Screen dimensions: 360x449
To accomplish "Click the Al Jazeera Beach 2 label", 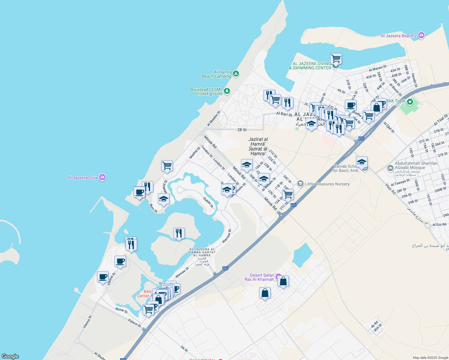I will pos(399,36).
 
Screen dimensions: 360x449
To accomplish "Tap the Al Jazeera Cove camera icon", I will pos(102,177).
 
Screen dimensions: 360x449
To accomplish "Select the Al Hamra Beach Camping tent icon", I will pos(236,74).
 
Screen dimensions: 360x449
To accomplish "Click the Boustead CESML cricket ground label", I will pos(206,91).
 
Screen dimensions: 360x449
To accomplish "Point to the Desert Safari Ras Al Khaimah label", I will pos(259,277).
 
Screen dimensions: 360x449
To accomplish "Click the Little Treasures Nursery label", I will pos(327,184).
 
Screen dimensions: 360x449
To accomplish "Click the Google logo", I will pos(10,356).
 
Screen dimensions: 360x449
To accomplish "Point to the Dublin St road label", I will pos(208,202).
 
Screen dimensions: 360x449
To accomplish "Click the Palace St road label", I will pos(134,323).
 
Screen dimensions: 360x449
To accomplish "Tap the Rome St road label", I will pos(122,310).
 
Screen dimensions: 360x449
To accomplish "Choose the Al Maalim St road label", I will pos(214,118).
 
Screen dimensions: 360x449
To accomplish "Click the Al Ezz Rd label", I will pos(439,224).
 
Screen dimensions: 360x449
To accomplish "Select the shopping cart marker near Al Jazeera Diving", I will pos(336,58).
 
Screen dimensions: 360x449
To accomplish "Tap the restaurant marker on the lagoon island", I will pos(179,233).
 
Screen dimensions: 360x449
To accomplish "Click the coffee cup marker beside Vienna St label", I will pos(103,277).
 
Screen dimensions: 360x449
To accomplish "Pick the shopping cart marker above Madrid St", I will pos(167,166).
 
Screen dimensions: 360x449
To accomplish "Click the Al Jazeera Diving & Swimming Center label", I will pos(310,66).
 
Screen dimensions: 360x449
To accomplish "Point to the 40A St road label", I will pos(378,328).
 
